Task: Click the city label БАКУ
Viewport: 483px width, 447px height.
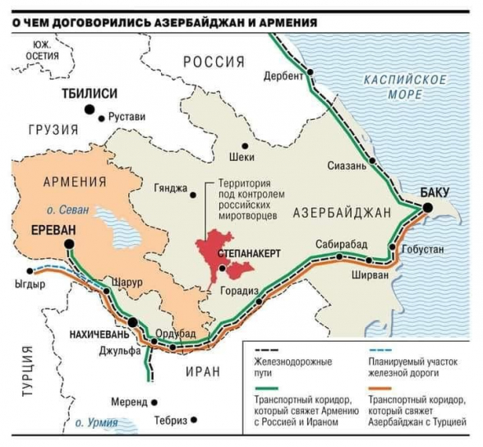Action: pos(435,192)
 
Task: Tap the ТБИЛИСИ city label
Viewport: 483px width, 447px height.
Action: pos(90,94)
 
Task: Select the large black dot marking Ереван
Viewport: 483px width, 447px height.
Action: pos(71,244)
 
